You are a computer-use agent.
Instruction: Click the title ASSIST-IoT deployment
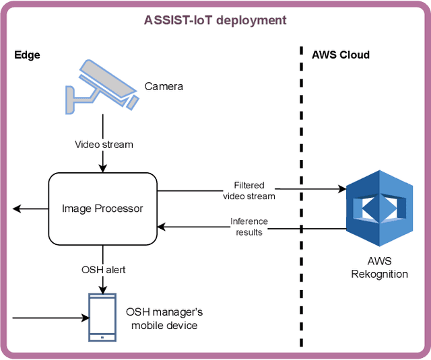(215, 20)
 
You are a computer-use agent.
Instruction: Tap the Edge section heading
(27, 55)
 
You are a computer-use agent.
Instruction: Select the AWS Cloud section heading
(341, 55)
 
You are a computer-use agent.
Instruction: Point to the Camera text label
(164, 87)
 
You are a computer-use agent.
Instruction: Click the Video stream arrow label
(104, 144)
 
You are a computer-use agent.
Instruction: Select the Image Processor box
(102, 209)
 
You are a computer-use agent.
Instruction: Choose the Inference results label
(248, 226)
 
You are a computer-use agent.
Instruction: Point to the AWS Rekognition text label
(379, 268)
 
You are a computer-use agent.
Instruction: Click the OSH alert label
(103, 270)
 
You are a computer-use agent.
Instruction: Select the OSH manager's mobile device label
(164, 318)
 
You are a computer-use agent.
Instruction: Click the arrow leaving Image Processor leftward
(30, 209)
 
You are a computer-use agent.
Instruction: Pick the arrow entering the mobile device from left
(51, 317)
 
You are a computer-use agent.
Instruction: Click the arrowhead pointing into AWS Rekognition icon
(340, 190)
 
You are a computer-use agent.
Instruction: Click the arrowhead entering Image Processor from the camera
(103, 168)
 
